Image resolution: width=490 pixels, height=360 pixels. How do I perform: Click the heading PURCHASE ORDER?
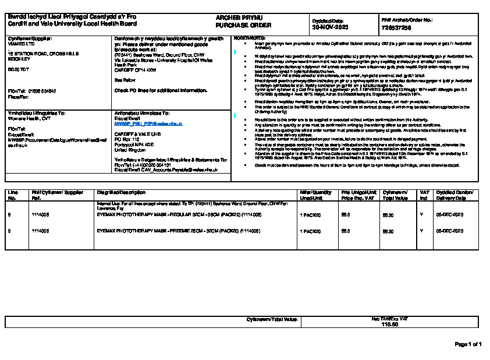(x=235, y=26)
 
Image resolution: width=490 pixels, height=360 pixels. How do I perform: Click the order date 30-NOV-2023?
(x=331, y=27)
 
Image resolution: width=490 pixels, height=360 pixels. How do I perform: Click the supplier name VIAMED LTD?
(x=20, y=43)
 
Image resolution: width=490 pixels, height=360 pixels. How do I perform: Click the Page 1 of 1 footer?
(x=468, y=344)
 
